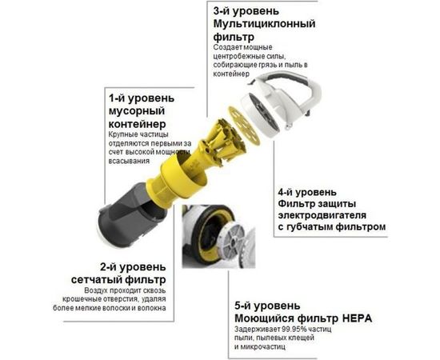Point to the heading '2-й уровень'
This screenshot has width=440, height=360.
tap(132, 266)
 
